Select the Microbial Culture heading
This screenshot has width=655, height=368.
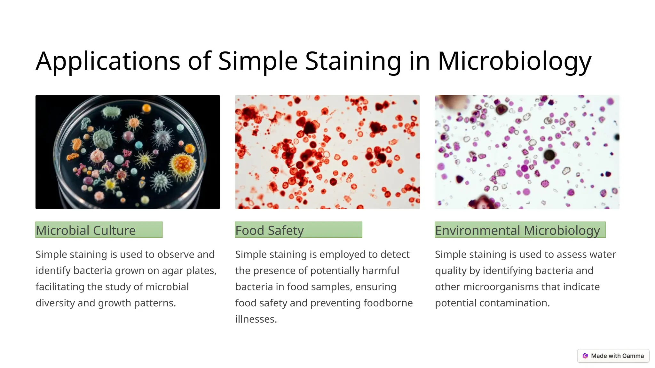tap(99, 230)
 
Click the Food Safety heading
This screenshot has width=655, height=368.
tap(298, 230)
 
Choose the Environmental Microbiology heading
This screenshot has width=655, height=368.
tap(520, 230)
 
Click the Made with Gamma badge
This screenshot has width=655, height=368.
tap(613, 356)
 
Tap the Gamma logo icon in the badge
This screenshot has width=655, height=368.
tap(585, 356)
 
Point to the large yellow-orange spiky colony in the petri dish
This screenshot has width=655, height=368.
tap(183, 165)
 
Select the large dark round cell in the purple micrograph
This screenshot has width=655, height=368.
tap(549, 155)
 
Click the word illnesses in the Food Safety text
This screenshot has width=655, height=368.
tap(256, 319)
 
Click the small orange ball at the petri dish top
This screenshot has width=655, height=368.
tap(146, 108)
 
